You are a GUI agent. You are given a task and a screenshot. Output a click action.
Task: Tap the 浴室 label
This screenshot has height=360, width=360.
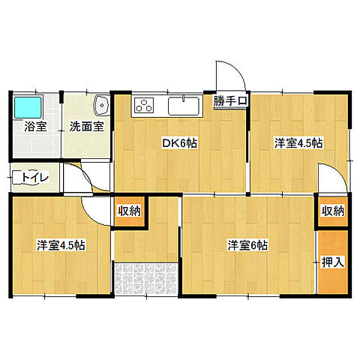point(34,127)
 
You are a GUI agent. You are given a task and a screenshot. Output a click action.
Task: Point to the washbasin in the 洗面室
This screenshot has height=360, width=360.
point(101,105)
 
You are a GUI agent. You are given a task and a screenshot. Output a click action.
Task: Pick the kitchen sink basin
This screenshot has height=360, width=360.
point(183,106)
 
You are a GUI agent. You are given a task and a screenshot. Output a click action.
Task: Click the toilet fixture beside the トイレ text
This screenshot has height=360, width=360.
point(17,177)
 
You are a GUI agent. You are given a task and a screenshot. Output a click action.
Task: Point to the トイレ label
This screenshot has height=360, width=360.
point(36,177)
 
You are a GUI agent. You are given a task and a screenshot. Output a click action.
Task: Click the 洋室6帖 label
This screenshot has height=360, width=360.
point(247,244)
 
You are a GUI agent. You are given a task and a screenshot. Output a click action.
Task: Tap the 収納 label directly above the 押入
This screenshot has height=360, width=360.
point(332,211)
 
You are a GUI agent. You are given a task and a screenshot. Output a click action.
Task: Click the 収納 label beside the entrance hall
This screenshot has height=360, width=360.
point(129,211)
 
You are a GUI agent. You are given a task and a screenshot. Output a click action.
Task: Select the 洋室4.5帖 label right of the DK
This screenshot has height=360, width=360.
point(298,143)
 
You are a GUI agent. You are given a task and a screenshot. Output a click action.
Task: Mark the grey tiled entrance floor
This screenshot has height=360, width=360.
point(146,280)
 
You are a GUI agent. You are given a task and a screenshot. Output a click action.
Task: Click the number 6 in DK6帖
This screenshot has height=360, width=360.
point(184,143)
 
